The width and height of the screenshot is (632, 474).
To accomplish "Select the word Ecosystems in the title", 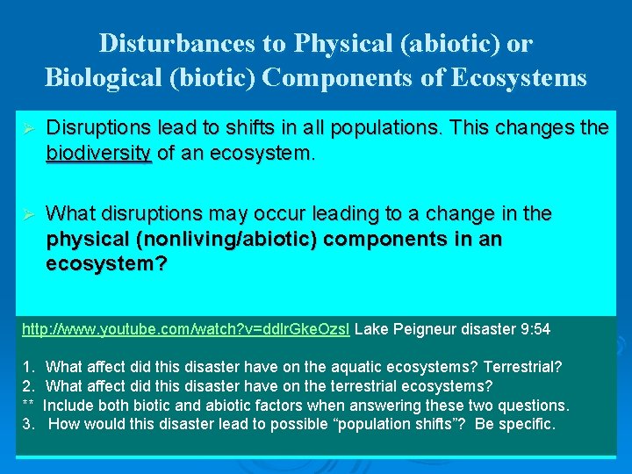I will pos(519,77).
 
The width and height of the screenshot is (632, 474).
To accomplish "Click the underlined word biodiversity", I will pos(99,153).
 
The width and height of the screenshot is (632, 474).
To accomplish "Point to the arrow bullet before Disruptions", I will pos(27,129).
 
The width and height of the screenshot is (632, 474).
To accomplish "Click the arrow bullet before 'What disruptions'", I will pos(27,214).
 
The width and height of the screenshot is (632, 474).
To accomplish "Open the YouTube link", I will pos(185,329).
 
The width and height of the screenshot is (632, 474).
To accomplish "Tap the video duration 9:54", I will pos(534,329).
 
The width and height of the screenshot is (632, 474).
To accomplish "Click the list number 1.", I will pos(28,367).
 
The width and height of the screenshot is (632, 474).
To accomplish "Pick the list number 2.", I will pos(28,386).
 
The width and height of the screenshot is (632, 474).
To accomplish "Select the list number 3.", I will pos(28,424).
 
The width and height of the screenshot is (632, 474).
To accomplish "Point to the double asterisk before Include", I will pos(27,406).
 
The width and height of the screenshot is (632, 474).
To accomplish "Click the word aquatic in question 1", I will pos(331,367).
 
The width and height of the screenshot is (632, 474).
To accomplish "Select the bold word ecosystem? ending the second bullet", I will pos(106,263).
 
